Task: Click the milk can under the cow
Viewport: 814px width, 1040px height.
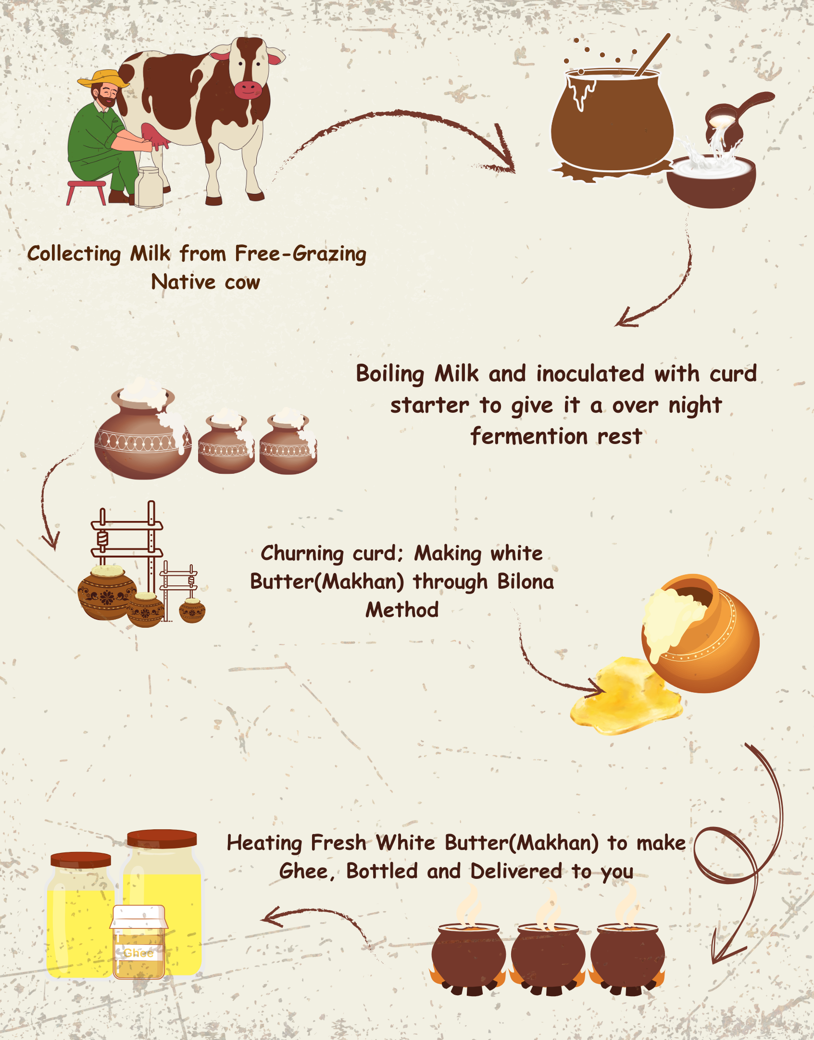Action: pyautogui.click(x=149, y=187)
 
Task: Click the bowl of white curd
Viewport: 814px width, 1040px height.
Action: pyautogui.click(x=711, y=181)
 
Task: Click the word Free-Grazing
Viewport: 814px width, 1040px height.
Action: pyautogui.click(x=301, y=254)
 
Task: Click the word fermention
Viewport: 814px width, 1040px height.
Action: pyautogui.click(x=529, y=436)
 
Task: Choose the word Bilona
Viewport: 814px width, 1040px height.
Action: pyautogui.click(x=526, y=581)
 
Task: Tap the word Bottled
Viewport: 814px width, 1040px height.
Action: pyautogui.click(x=382, y=871)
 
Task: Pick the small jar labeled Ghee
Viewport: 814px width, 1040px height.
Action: pyautogui.click(x=139, y=942)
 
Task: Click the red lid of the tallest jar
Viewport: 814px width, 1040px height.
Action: pyautogui.click(x=162, y=838)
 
